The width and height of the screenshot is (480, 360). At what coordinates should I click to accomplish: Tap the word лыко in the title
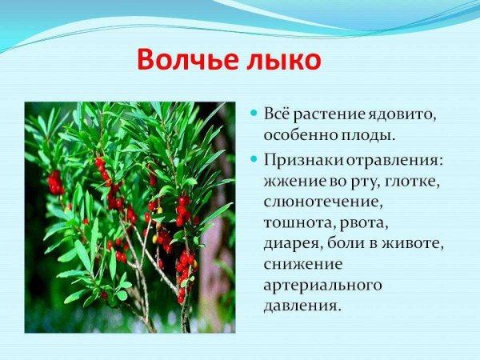pos(286,60)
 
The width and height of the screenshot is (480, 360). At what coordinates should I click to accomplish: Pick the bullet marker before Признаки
pos(254,159)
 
